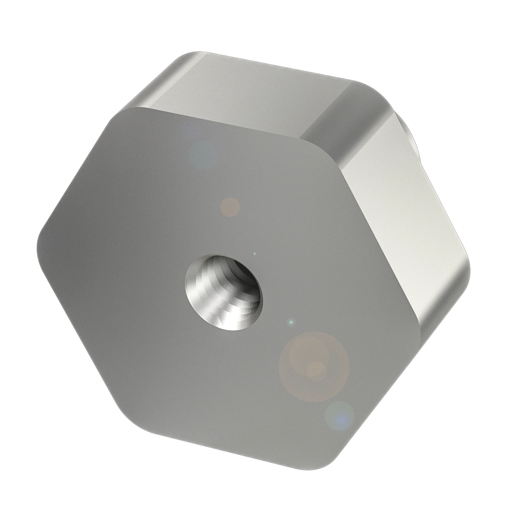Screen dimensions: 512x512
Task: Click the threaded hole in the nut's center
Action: coord(223,291)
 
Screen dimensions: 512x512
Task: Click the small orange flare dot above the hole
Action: coord(230,206)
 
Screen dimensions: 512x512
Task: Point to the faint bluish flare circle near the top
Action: coord(203,155)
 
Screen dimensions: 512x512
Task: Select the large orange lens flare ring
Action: coord(314,366)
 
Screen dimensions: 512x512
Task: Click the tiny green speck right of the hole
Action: coord(291,323)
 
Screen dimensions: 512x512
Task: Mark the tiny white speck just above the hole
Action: coord(254,253)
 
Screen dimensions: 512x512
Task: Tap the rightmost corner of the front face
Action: coord(425,328)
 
